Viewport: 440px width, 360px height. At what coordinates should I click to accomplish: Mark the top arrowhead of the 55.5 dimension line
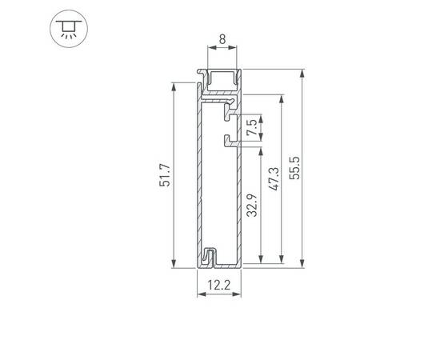click(302, 73)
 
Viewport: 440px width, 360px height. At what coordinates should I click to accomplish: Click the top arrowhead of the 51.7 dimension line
click(174, 85)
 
